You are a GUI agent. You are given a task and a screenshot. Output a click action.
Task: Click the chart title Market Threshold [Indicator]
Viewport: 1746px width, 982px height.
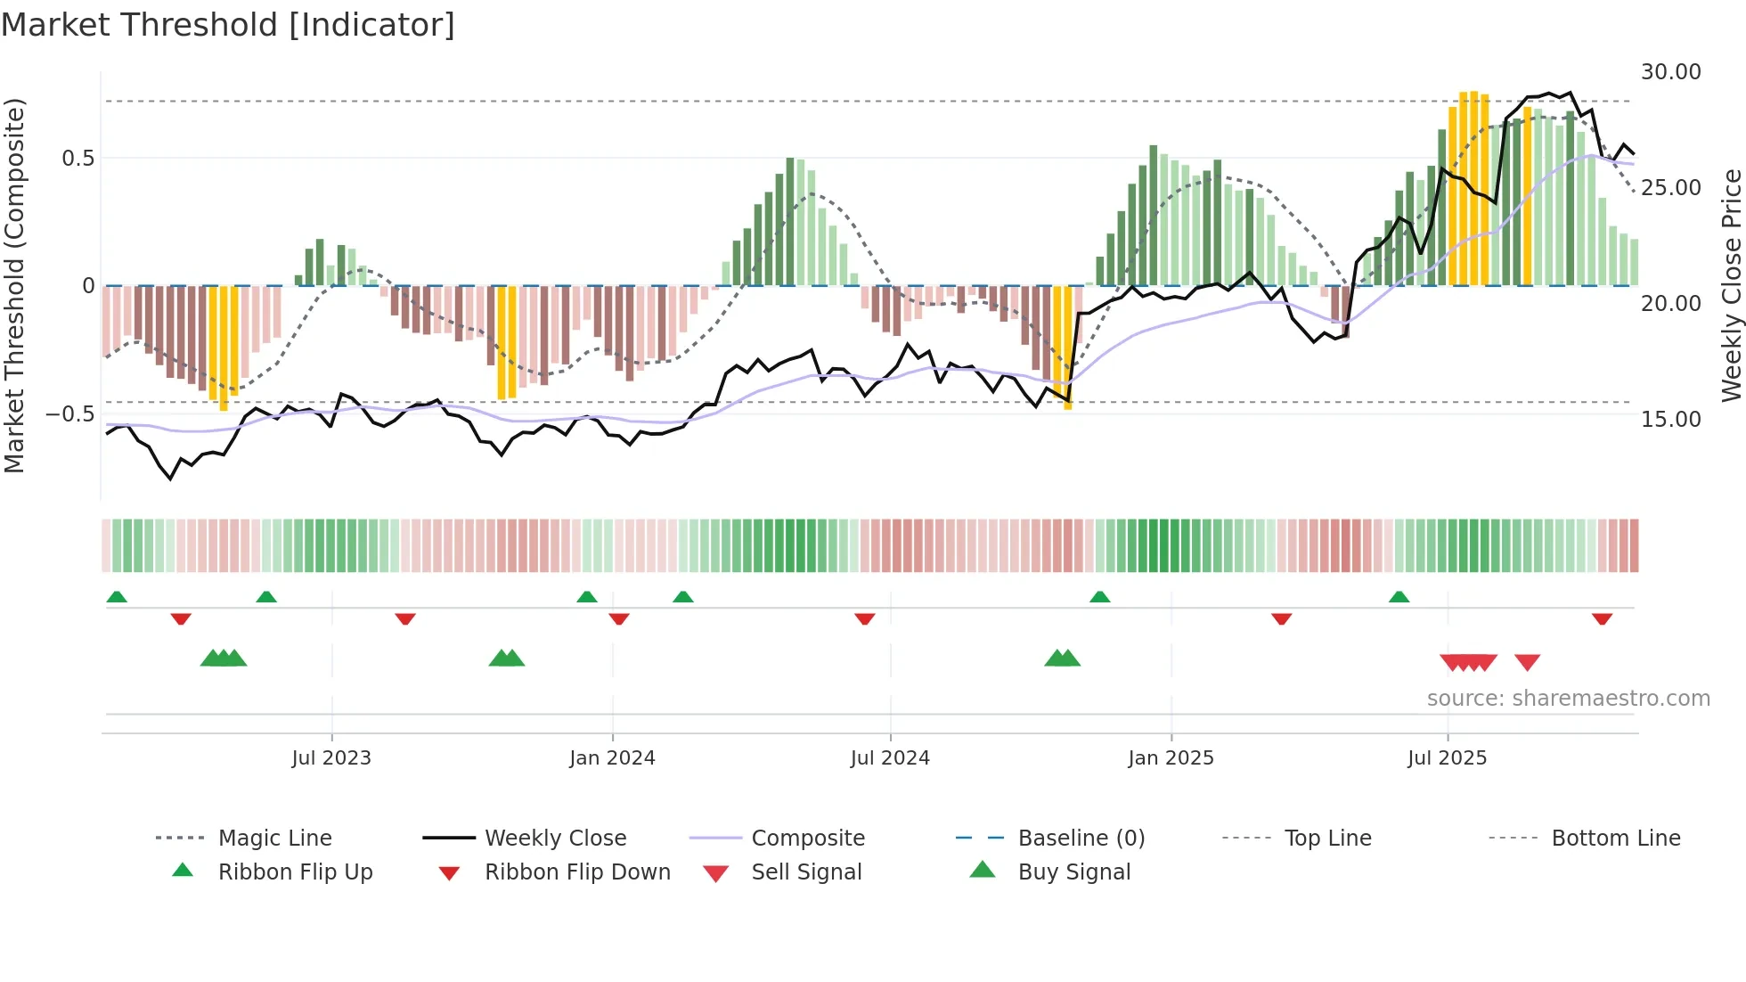(228, 25)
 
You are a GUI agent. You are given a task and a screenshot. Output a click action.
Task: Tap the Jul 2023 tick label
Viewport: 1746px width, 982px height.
(330, 757)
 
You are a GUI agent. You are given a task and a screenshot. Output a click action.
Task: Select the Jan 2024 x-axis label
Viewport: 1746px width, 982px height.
(612, 757)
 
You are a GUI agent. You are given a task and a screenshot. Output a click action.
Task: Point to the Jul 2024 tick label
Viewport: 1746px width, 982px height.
(889, 757)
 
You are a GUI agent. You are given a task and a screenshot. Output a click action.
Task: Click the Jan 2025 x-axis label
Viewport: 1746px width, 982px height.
(1170, 757)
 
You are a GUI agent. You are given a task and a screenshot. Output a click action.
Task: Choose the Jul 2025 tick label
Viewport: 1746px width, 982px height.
(1447, 757)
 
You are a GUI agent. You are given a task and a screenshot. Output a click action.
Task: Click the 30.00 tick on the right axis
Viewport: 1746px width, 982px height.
(1670, 72)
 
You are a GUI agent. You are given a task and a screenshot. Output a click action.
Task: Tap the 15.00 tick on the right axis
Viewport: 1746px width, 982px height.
(1670, 419)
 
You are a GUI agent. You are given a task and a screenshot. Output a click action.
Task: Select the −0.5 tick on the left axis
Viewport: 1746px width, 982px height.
(69, 414)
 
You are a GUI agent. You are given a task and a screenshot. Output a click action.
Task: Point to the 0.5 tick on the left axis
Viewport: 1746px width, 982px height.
(78, 159)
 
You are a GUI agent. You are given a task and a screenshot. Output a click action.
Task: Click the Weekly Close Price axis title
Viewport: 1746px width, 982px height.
(1730, 285)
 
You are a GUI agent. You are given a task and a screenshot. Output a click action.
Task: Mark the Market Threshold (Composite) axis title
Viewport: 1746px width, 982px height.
(14, 285)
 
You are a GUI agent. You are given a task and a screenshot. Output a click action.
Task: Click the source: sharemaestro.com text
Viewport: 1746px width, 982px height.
(1568, 698)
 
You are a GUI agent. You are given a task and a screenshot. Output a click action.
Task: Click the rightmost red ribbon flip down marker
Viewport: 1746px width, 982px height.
(1602, 618)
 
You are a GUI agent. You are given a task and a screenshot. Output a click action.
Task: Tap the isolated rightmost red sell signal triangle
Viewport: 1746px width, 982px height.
(1527, 662)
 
